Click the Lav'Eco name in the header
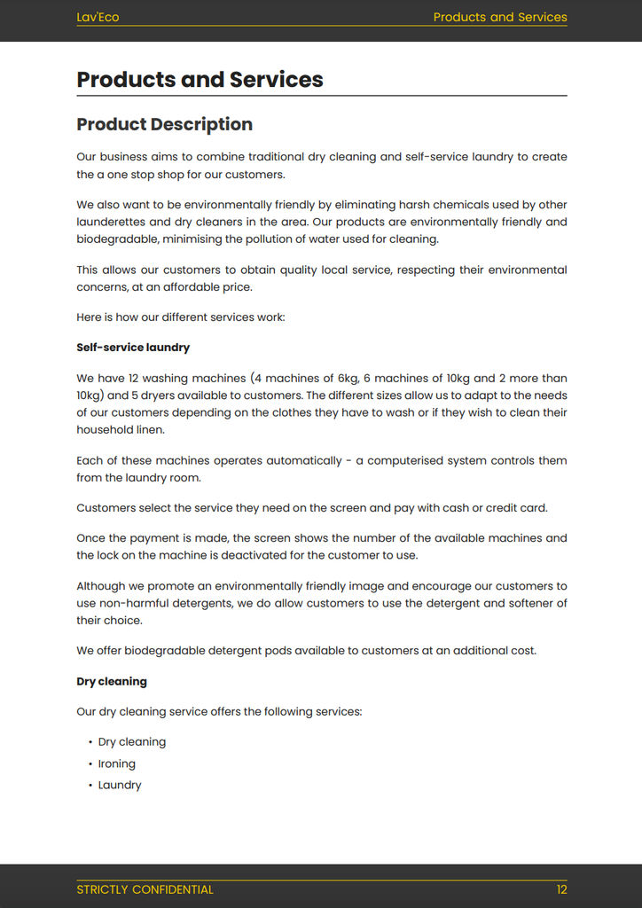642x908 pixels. pos(98,17)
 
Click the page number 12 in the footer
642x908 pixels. pos(561,889)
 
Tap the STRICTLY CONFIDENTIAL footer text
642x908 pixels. pos(145,889)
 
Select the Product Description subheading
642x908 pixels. pos(164,124)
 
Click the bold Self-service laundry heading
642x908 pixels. pos(133,348)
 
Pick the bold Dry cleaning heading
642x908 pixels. pos(112,682)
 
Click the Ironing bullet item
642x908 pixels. pos(117,763)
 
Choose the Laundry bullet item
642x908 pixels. pos(120,785)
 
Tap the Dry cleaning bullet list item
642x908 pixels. pos(132,742)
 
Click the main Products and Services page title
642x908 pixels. pos(200,79)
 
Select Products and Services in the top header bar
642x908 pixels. pos(500,17)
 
